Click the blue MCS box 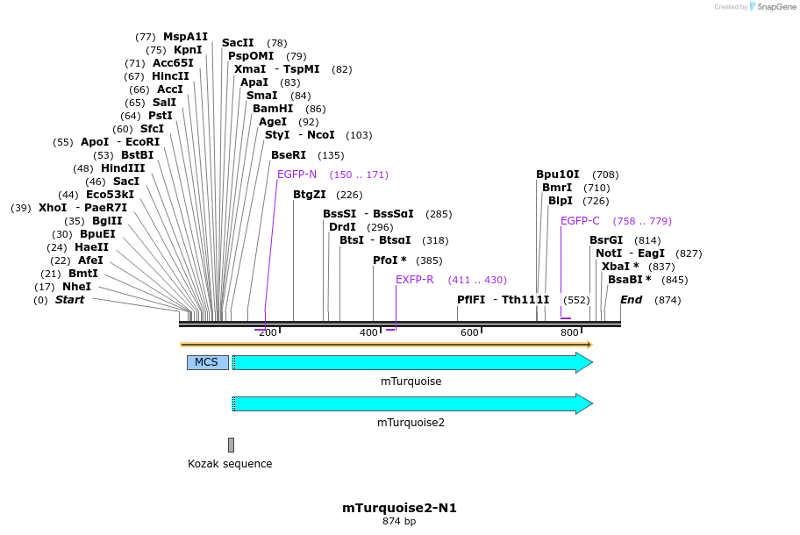(x=207, y=362)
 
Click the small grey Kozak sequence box (x=231, y=445)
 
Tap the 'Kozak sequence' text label (x=230, y=464)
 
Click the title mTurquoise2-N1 (x=399, y=508)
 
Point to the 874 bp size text (x=399, y=522)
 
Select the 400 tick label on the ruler (x=368, y=332)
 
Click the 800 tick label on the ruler (x=569, y=332)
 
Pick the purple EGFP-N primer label (x=296, y=175)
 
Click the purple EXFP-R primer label (x=414, y=280)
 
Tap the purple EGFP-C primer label (x=580, y=221)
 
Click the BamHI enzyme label (x=273, y=109)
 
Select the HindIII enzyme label (x=122, y=168)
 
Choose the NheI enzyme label (x=76, y=287)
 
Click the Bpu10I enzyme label (x=558, y=175)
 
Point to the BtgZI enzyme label (x=309, y=195)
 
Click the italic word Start (x=69, y=300)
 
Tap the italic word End (x=631, y=300)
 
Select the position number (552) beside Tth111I (x=576, y=300)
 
